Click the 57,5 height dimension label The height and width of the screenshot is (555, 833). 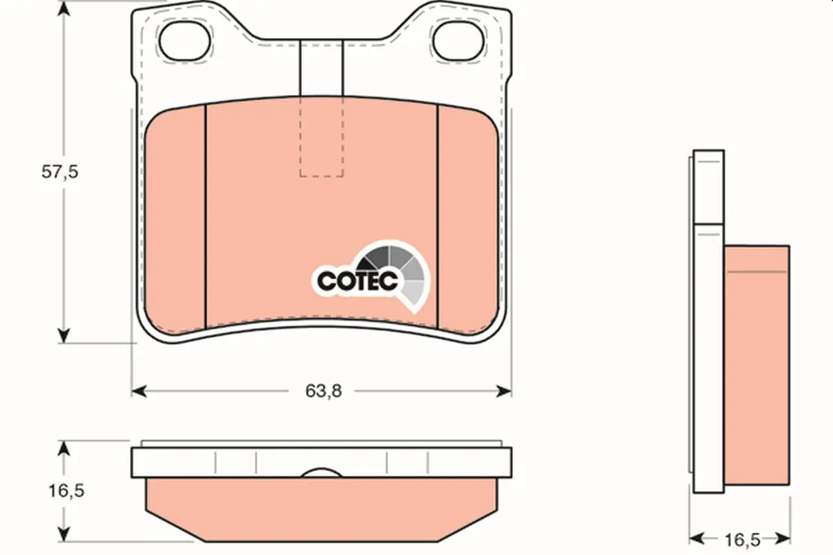(x=60, y=172)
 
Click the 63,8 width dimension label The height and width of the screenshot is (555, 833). (x=323, y=391)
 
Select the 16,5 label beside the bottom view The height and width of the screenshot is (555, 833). (x=67, y=490)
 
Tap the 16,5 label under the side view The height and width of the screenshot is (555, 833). (x=742, y=540)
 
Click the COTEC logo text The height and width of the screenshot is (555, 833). (x=357, y=281)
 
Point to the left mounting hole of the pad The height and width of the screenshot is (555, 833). (x=185, y=41)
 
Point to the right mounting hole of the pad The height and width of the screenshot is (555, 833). (x=459, y=41)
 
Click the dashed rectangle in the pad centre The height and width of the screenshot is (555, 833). (x=321, y=137)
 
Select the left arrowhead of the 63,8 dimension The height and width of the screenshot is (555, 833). (x=139, y=391)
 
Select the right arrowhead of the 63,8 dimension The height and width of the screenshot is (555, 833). (x=504, y=391)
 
